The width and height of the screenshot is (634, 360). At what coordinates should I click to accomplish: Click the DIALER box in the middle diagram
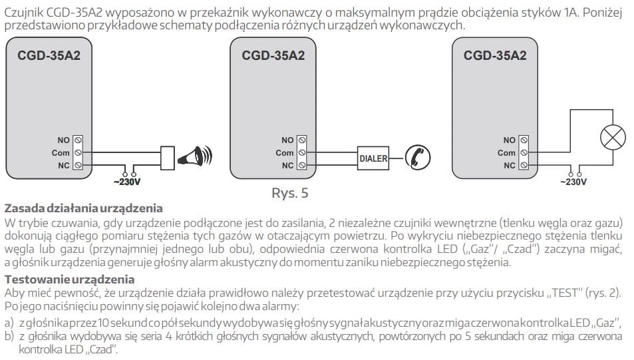point(373,158)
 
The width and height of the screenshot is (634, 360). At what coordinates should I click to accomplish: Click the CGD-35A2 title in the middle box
point(273,56)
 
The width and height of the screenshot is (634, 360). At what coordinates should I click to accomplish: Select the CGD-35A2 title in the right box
point(495,56)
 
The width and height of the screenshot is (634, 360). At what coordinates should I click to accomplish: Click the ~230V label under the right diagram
point(573,180)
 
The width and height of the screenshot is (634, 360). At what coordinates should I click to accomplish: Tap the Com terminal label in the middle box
point(285,152)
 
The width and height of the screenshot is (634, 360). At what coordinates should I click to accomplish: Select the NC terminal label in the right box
point(509,165)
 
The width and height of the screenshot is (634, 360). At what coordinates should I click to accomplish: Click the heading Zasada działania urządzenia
point(83,208)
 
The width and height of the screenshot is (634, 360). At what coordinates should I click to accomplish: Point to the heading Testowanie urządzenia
point(69,279)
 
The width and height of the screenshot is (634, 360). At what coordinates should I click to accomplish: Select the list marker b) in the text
point(9,336)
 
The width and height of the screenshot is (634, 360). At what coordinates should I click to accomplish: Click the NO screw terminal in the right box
point(525,140)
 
